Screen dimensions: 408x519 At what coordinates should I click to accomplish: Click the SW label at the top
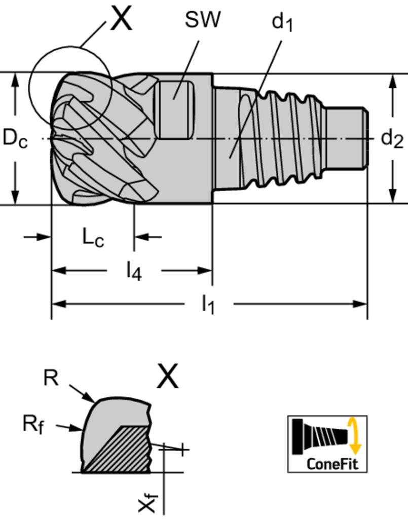pos(202,20)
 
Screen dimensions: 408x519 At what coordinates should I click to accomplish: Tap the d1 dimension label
pos(282,22)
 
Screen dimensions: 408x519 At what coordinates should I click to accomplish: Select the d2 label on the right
pos(392,138)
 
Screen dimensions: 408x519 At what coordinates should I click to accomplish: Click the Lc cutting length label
pos(93,238)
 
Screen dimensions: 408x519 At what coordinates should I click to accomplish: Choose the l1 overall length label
pos(208,305)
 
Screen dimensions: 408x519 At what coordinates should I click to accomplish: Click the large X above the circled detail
pos(121,19)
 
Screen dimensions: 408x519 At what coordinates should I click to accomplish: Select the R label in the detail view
pos(51,378)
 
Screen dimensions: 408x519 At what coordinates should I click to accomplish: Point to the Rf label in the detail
pos(33,424)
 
